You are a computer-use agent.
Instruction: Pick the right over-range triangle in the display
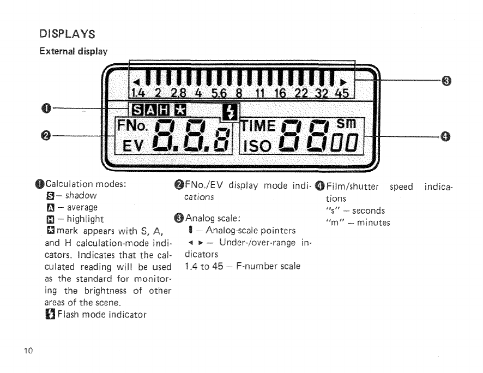[x=343, y=82]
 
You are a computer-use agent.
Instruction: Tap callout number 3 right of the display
[x=446, y=82]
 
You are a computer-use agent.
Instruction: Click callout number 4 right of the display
[x=446, y=136]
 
